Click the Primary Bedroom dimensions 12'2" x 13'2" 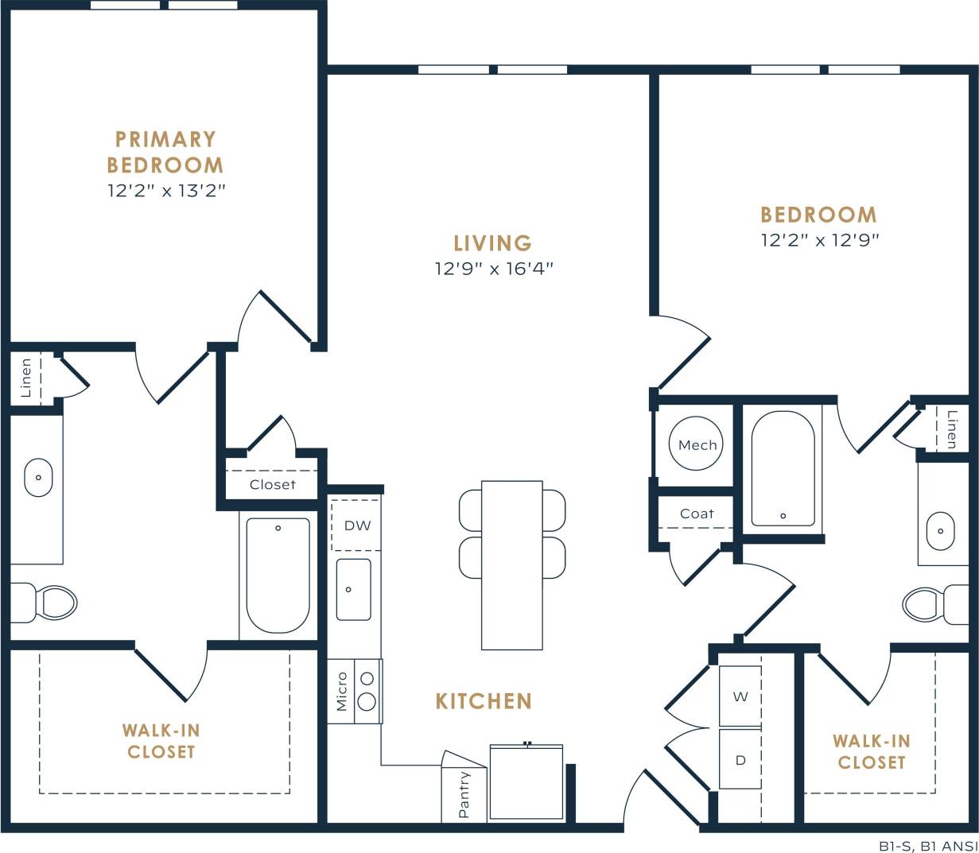pyautogui.click(x=167, y=191)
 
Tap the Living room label pyautogui.click(x=492, y=242)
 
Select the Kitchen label pyautogui.click(x=484, y=701)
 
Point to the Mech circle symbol pyautogui.click(x=697, y=444)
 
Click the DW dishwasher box pyautogui.click(x=356, y=525)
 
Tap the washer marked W pyautogui.click(x=740, y=696)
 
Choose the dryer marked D pyautogui.click(x=740, y=760)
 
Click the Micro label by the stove pyautogui.click(x=342, y=691)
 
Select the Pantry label pyautogui.click(x=464, y=794)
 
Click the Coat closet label pyautogui.click(x=697, y=514)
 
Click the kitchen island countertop pyautogui.click(x=512, y=564)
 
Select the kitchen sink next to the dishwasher pyautogui.click(x=352, y=589)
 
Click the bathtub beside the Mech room pyautogui.click(x=783, y=468)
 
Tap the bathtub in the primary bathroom pyautogui.click(x=278, y=575)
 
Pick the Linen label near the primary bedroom pyautogui.click(x=26, y=378)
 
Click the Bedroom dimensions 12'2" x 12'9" pyautogui.click(x=819, y=240)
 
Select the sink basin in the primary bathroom pyautogui.click(x=38, y=477)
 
